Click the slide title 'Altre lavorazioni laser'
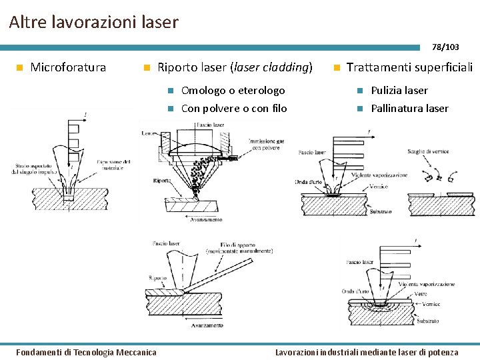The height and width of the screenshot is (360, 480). click(x=94, y=22)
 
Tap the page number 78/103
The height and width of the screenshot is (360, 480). click(x=445, y=47)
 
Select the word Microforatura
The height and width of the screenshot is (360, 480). click(x=68, y=67)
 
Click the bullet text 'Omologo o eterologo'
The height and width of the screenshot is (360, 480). click(x=233, y=91)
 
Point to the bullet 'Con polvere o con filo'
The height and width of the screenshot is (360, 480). click(x=234, y=109)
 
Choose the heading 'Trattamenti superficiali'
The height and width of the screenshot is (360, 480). click(x=409, y=67)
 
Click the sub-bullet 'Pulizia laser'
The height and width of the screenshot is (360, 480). click(x=399, y=91)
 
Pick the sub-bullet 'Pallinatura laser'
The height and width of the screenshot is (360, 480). click(x=409, y=109)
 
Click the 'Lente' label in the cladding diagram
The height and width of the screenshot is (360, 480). click(x=148, y=133)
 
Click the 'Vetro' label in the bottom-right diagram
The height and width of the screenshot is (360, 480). click(x=421, y=293)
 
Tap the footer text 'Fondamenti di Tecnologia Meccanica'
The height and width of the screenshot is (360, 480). click(x=86, y=352)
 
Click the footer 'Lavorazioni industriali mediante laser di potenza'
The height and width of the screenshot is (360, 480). click(x=367, y=352)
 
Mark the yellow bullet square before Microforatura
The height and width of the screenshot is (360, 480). click(x=20, y=68)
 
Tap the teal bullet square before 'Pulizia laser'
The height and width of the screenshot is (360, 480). click(x=358, y=91)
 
